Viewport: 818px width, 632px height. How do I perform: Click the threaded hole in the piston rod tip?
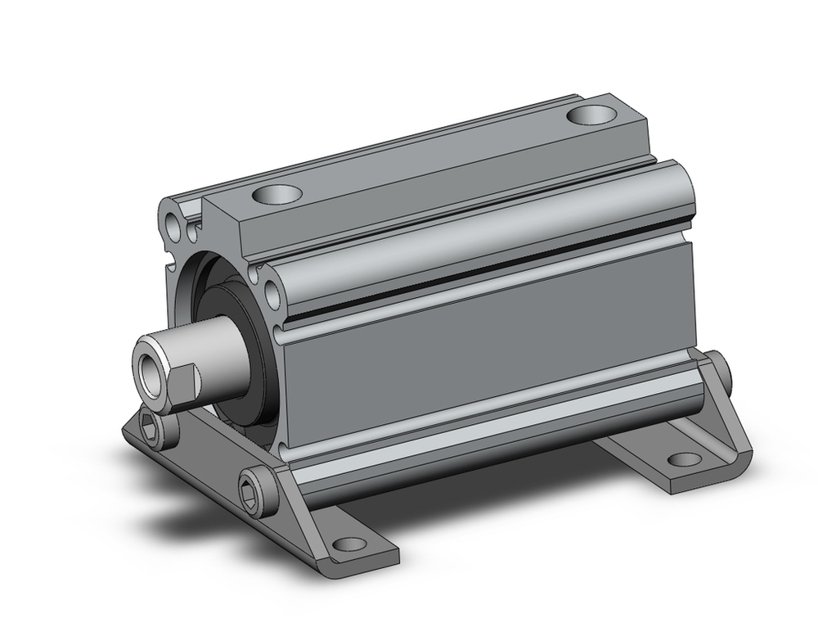click(148, 360)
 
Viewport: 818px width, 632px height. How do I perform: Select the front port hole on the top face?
click(276, 195)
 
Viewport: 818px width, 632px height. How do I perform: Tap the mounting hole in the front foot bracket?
click(348, 544)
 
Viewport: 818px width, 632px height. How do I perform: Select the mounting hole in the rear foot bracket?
click(683, 458)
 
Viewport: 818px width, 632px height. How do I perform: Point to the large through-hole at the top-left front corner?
click(173, 223)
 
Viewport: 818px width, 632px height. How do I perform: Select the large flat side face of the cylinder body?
click(491, 352)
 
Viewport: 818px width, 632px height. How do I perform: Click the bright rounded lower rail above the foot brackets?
click(491, 426)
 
